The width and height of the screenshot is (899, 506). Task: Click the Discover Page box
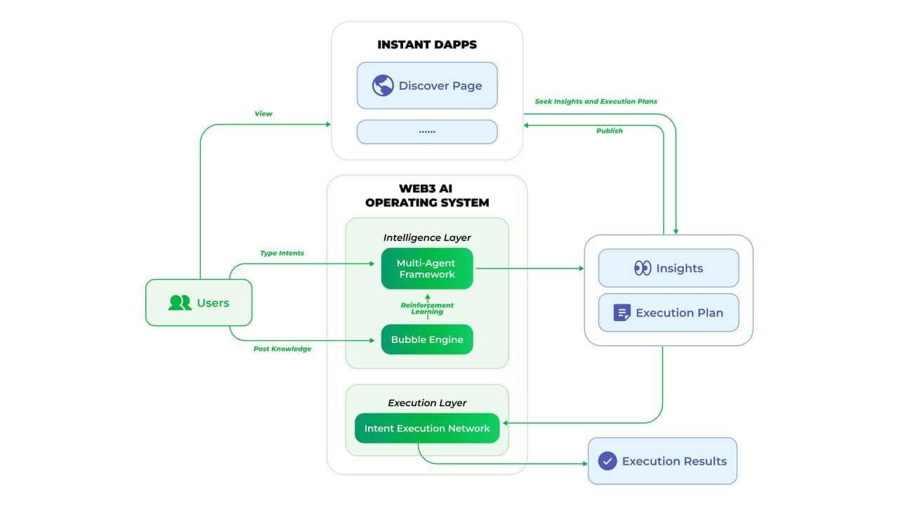pyautogui.click(x=427, y=86)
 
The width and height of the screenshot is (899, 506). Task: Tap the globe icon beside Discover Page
pyautogui.click(x=383, y=86)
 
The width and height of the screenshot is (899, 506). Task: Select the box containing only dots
pyautogui.click(x=427, y=131)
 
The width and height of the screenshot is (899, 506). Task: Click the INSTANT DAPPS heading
pyautogui.click(x=427, y=44)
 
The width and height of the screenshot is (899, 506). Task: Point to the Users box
pyautogui.click(x=199, y=303)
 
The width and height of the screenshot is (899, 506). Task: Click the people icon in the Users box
pyautogui.click(x=180, y=303)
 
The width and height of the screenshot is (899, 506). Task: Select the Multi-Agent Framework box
pyautogui.click(x=427, y=268)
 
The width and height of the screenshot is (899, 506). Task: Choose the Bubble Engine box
pyautogui.click(x=427, y=339)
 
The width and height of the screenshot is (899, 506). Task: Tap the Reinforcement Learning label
pyautogui.click(x=427, y=309)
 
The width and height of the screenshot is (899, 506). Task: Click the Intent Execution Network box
pyautogui.click(x=427, y=428)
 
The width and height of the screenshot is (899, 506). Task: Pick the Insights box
pyautogui.click(x=669, y=268)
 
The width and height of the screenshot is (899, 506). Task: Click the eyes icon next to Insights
pyautogui.click(x=643, y=268)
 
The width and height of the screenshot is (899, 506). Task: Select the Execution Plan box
pyautogui.click(x=669, y=313)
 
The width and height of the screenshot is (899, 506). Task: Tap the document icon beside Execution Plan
pyautogui.click(x=622, y=313)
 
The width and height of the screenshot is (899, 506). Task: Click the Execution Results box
pyautogui.click(x=662, y=461)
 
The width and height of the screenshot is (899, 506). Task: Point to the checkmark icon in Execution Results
pyautogui.click(x=607, y=461)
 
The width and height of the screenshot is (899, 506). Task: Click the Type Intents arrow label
pyautogui.click(x=282, y=253)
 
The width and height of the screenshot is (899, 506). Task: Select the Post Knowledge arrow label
pyautogui.click(x=282, y=349)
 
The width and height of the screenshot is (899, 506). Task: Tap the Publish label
pyautogui.click(x=609, y=131)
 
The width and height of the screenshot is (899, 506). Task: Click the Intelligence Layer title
pyautogui.click(x=427, y=238)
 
